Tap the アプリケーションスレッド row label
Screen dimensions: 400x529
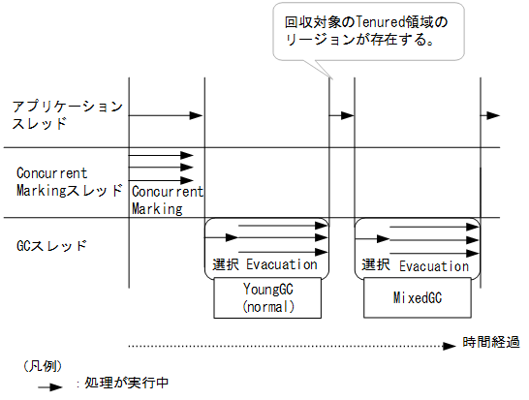click(67, 113)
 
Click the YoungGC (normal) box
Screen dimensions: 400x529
click(268, 298)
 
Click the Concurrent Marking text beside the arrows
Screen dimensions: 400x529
click(167, 200)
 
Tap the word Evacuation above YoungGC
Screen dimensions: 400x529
click(282, 264)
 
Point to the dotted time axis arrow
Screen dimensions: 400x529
click(291, 343)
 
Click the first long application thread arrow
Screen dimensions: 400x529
click(166, 115)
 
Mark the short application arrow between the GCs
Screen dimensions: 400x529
click(343, 115)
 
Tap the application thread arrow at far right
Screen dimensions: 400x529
click(491, 115)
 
